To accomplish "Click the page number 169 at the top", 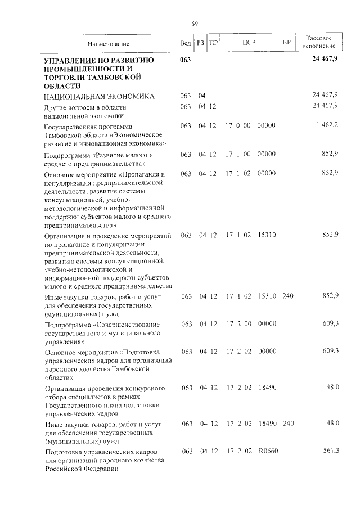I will pos(193,24).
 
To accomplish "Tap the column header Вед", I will pos(185,43).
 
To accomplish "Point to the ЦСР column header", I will pos(249,43).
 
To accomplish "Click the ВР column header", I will pos(287,43).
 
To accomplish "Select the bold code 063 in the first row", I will pos(186,60).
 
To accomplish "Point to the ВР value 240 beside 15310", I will pos(288,295).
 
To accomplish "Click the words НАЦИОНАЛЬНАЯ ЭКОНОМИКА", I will pos(98,96).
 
